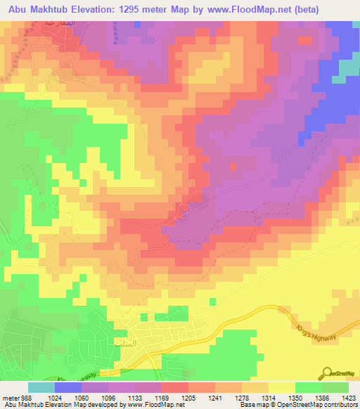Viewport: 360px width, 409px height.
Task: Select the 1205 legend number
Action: tap(188, 397)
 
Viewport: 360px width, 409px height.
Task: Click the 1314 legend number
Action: tap(268, 397)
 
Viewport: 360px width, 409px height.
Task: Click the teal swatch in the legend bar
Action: tap(41, 387)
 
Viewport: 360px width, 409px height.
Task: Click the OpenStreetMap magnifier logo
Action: tap(326, 372)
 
